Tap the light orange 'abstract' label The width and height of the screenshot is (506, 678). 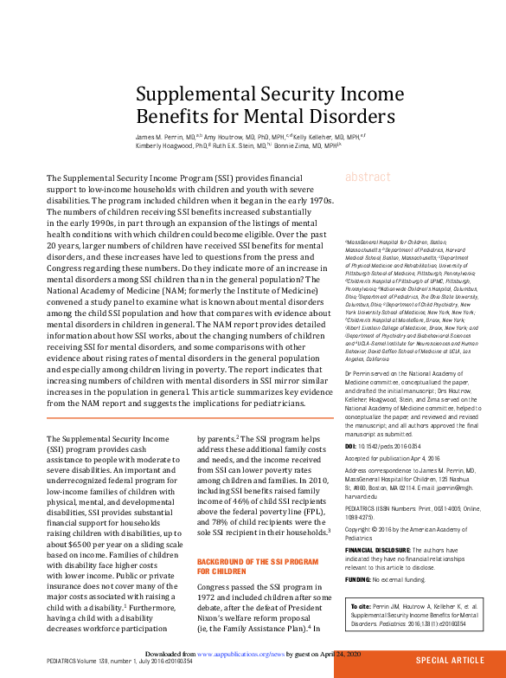(368, 177)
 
